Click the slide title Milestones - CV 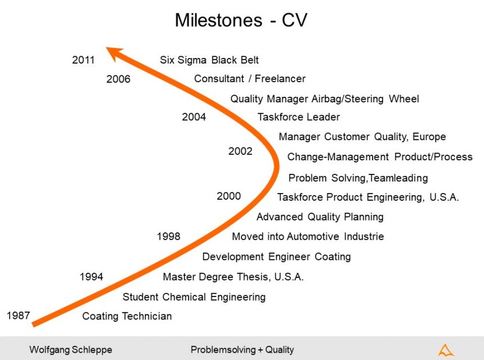pyautogui.click(x=241, y=20)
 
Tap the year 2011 pyautogui.click(x=83, y=60)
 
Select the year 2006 pyautogui.click(x=118, y=79)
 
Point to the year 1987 pyautogui.click(x=18, y=316)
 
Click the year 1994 pyautogui.click(x=91, y=277)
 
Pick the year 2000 pyautogui.click(x=228, y=196)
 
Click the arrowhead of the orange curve pyautogui.click(x=114, y=53)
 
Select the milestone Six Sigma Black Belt pyautogui.click(x=209, y=60)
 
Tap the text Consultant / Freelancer pyautogui.click(x=249, y=79)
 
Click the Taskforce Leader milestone pyautogui.click(x=298, y=117)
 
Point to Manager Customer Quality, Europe pyautogui.click(x=362, y=137)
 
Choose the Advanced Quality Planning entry pyautogui.click(x=320, y=217)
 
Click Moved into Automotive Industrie pyautogui.click(x=308, y=237)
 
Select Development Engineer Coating pyautogui.click(x=276, y=257)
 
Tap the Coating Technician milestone pyautogui.click(x=127, y=316)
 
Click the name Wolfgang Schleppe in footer pyautogui.click(x=70, y=350)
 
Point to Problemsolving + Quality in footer pyautogui.click(x=242, y=350)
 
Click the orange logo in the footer pyautogui.click(x=446, y=350)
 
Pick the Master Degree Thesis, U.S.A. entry pyautogui.click(x=233, y=277)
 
